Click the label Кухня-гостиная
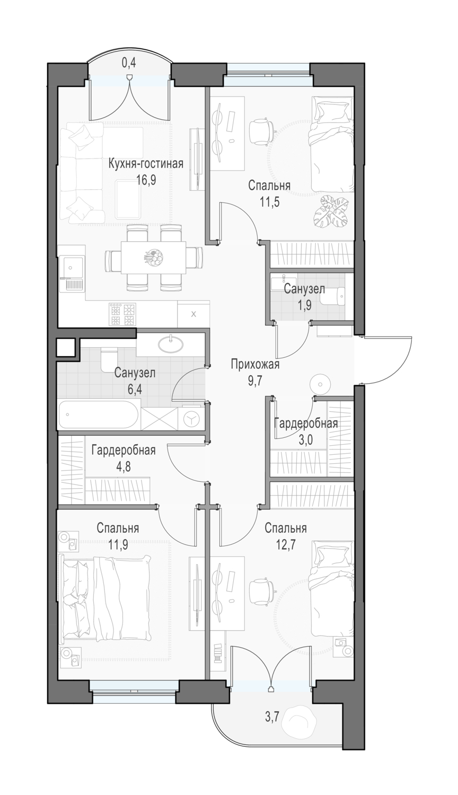click(146, 164)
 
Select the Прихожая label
click(256, 365)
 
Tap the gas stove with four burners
click(122, 314)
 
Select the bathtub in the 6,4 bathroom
click(99, 414)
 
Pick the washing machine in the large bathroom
click(192, 419)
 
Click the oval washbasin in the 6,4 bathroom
click(171, 343)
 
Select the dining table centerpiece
click(153, 257)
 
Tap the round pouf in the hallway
click(320, 384)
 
